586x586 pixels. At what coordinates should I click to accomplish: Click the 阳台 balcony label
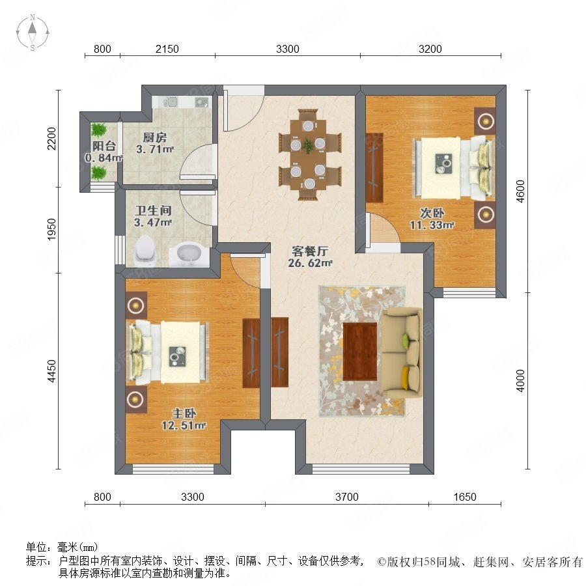coord(104,147)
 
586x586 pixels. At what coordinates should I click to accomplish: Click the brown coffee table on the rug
coord(360,351)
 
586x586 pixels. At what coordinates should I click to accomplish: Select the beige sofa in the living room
coord(402,352)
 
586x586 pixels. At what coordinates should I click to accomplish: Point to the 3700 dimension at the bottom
coord(347,497)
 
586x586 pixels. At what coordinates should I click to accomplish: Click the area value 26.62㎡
coord(312,264)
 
